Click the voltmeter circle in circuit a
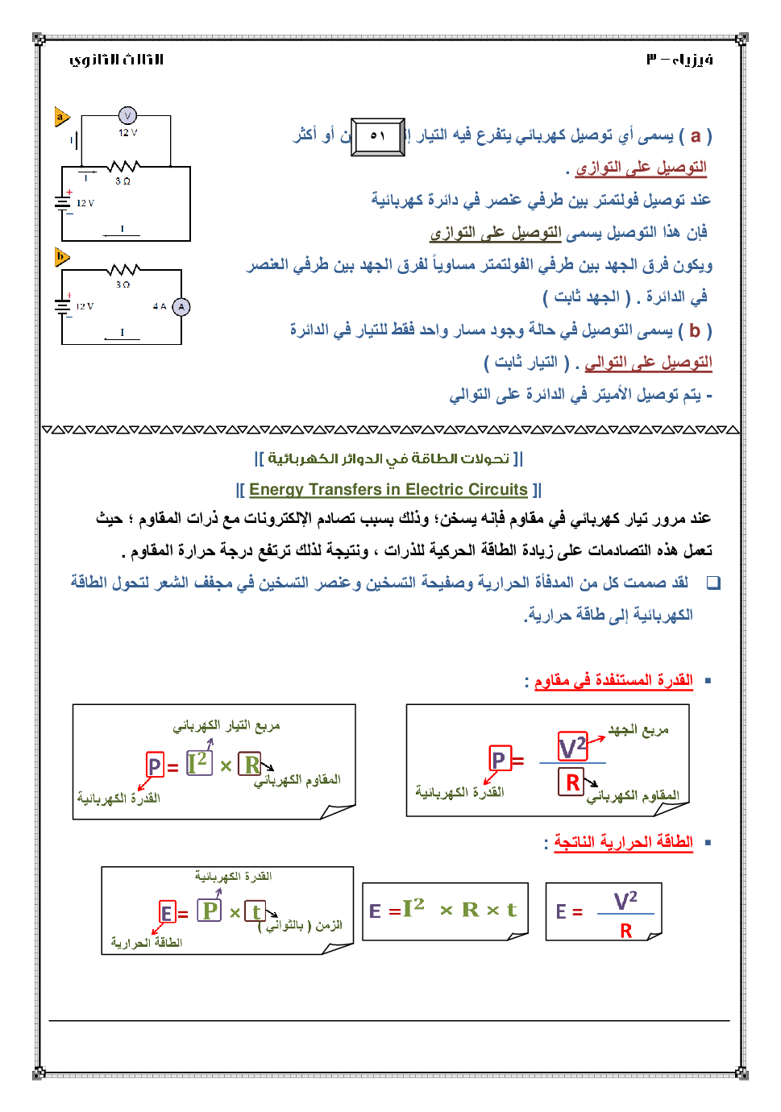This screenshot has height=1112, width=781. [127, 116]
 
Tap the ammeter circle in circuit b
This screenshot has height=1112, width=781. [181, 307]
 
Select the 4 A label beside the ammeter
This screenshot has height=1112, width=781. [160, 307]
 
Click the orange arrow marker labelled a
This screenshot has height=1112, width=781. [61, 118]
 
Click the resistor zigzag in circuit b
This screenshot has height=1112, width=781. [124, 269]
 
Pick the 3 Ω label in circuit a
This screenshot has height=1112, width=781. [123, 181]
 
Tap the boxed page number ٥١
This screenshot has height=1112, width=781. [378, 136]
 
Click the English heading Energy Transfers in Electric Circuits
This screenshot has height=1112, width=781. [388, 489]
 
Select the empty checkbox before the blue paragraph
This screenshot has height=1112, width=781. [713, 583]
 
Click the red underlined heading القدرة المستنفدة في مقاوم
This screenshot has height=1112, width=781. [613, 680]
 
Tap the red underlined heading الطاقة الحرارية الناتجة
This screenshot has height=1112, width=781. [623, 842]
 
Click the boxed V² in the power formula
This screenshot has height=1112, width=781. [572, 747]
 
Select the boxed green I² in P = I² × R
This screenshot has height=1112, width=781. [198, 762]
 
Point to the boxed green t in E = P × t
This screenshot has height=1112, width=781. [255, 911]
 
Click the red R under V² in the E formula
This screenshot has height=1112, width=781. [626, 931]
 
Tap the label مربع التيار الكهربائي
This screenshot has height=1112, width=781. [226, 726]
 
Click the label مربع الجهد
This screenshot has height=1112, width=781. [638, 730]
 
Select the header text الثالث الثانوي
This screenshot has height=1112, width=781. [117, 60]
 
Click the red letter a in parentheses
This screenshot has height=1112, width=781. [696, 135]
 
